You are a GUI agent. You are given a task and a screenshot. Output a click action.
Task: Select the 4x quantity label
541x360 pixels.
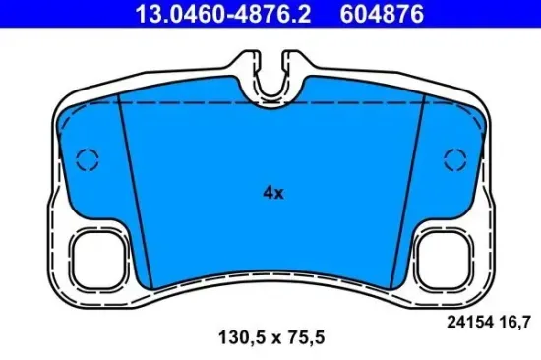(272, 194)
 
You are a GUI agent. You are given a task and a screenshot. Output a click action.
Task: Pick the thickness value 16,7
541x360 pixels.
(504, 318)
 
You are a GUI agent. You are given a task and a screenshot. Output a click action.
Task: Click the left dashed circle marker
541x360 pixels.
(88, 157)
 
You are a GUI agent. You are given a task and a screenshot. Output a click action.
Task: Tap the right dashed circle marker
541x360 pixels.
(454, 157)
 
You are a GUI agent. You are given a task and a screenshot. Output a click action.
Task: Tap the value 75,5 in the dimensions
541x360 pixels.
(305, 337)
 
